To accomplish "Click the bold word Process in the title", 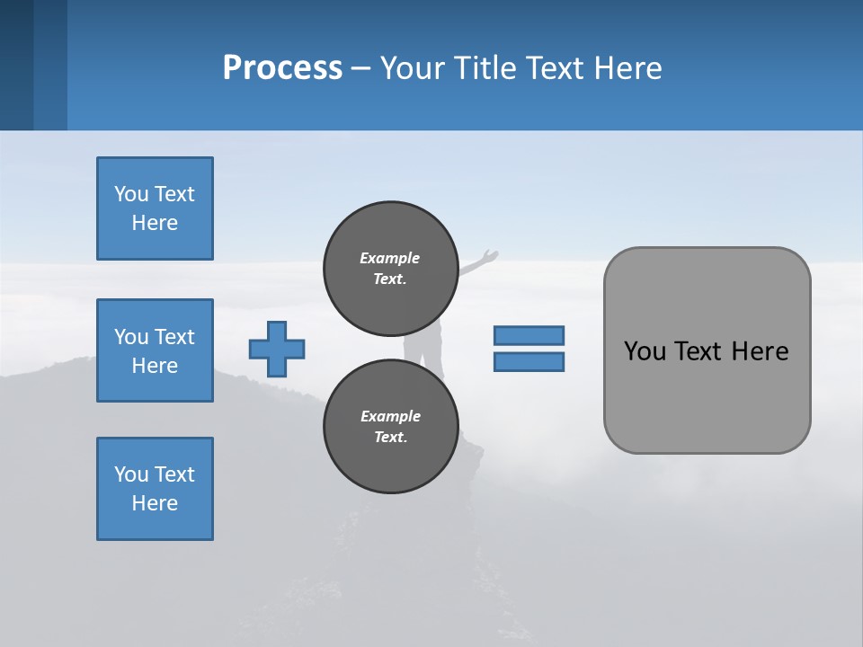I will point(282,68).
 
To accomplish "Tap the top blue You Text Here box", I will point(155,208).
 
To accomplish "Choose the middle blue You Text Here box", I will point(155,350).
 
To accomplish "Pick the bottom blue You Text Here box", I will point(155,489).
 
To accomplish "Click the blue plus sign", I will point(277,349).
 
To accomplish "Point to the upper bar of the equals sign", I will point(529,335).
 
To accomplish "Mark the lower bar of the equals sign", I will point(529,362).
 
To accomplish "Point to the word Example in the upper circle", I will point(390,258).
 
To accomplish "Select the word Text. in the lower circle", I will point(390,437).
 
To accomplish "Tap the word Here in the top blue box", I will point(155,223).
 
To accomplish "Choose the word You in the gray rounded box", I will point(644,351).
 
